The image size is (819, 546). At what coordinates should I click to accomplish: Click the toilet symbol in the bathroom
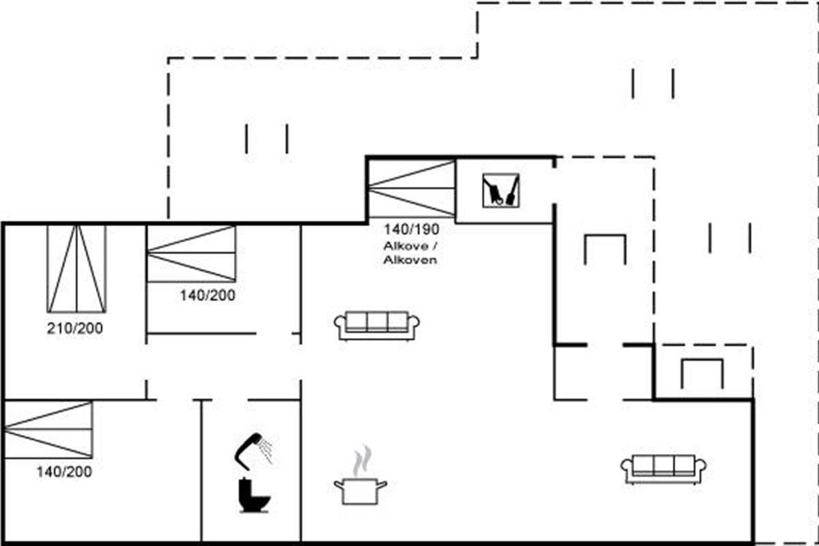[254, 495]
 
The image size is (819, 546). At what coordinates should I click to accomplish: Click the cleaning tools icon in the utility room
[500, 190]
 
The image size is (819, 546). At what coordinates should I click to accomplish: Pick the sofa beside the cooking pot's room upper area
[377, 326]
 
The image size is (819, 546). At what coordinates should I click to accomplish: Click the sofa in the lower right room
[663, 469]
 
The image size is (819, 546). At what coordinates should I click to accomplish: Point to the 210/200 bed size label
[74, 328]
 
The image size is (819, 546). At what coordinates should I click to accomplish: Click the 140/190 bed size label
[411, 229]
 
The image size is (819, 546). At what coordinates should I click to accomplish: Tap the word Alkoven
[410, 260]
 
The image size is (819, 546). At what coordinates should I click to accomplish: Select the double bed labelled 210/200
[76, 269]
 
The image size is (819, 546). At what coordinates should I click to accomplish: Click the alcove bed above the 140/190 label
[412, 188]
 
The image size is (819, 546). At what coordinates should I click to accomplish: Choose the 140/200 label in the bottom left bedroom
[64, 472]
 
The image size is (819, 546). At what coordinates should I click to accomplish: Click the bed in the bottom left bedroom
[48, 429]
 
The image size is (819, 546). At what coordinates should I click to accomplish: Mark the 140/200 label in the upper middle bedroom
[207, 296]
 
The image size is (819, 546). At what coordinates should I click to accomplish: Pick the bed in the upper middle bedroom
[191, 253]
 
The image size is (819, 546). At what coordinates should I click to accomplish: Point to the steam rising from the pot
[362, 460]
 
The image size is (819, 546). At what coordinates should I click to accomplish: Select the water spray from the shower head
[265, 450]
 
